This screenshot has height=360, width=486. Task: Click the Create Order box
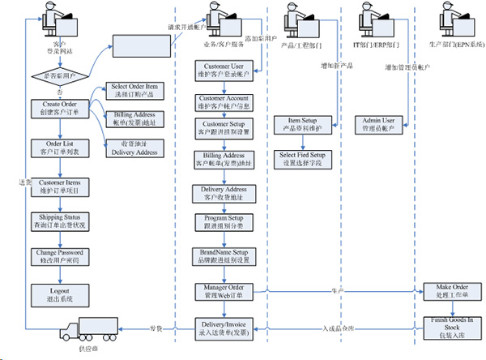click(58, 108)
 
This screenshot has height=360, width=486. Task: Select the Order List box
click(58, 148)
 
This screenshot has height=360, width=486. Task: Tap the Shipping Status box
click(58, 221)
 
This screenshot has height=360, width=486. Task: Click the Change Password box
click(58, 257)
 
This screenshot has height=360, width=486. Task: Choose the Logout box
click(58, 294)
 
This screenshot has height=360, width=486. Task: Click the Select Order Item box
click(134, 91)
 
